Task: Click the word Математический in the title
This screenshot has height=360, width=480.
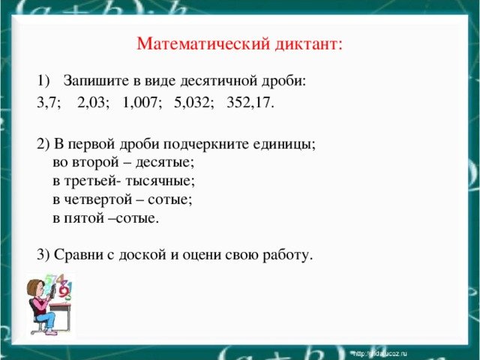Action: point(196,44)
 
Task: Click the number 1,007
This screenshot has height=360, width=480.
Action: point(142,103)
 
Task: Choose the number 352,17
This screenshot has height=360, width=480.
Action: point(250,103)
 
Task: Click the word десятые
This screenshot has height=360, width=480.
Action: point(169,163)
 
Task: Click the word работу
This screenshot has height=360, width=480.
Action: point(286,255)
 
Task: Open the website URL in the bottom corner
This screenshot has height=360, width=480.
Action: point(379,352)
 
